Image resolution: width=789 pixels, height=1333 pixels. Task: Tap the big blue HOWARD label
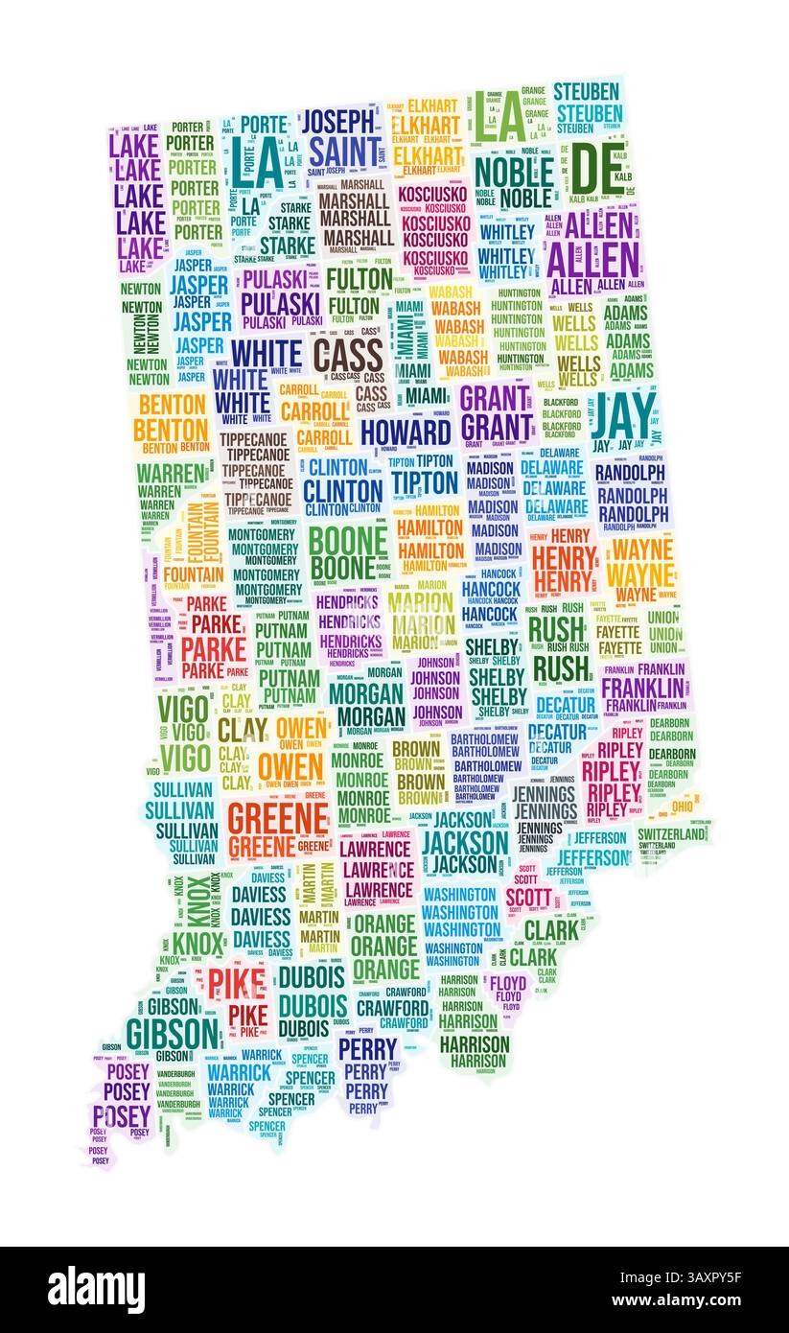tap(406, 432)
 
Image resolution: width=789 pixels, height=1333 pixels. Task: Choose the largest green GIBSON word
tap(172, 1034)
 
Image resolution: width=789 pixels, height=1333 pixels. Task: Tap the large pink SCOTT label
tap(528, 898)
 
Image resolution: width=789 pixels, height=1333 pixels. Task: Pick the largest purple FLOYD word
tap(508, 984)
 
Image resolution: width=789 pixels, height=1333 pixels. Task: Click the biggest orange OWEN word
tap(290, 767)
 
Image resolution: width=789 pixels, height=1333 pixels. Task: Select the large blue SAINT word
tap(343, 152)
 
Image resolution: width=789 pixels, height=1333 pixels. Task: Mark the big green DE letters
tap(589, 171)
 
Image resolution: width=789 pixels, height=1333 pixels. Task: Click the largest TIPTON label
tap(424, 481)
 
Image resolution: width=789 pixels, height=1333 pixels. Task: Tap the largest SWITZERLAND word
tap(671, 834)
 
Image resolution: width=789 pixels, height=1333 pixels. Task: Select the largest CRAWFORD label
tap(392, 1008)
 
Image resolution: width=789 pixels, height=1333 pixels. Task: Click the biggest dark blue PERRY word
tap(366, 1048)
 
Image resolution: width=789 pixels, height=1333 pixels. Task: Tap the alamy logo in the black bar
tap(97, 1289)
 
